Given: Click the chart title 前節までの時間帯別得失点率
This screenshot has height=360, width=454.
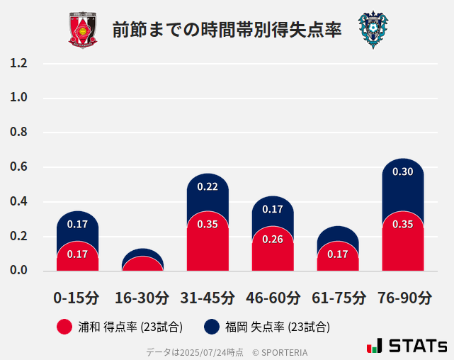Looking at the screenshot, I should pos(227,30).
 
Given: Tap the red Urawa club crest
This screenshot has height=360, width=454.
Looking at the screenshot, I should pos(83,30).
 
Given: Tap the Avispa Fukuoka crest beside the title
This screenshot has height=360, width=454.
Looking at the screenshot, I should pos(373,30).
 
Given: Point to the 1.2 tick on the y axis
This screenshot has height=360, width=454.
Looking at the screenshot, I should pos(19,63).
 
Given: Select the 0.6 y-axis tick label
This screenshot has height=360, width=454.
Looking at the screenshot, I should pos(19,167).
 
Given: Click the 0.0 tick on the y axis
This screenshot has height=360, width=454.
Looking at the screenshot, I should pos(19,270).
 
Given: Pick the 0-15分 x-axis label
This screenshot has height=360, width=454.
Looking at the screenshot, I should pos(77,298).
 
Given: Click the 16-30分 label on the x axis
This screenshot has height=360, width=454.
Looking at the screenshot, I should pos(142,298).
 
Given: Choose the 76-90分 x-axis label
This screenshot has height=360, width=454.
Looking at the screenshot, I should pos(403,298).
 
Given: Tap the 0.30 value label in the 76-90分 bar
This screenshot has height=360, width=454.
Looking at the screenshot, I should pos(402,172).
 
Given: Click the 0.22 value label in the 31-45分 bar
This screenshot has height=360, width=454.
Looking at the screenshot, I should pos(208,187).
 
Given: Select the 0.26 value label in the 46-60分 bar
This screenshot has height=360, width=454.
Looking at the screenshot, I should pos(273,240).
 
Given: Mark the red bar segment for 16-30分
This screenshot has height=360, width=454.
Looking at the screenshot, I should pos(142,264).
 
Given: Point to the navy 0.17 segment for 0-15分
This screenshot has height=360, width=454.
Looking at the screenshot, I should pos(77,225).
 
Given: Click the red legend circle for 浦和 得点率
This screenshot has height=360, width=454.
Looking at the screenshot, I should pos(64,327).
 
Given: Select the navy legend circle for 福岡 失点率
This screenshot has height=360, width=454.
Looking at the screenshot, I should pos(211,327).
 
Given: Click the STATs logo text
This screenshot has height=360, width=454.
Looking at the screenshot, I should pos(417,346).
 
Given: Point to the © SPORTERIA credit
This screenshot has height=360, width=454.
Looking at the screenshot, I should pos(280,351).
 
